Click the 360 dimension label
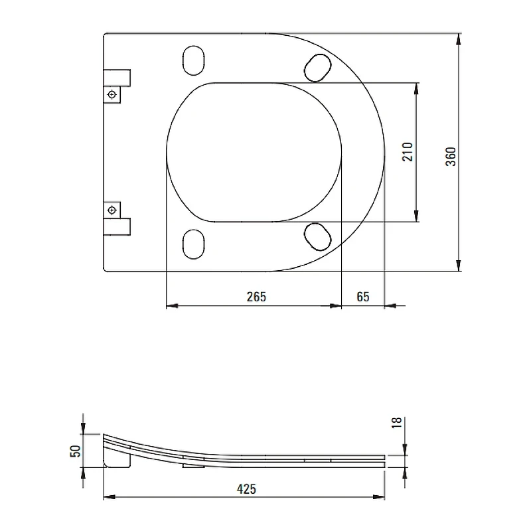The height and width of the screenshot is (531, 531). pos(451,157)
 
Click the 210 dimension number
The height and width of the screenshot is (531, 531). pos(408,152)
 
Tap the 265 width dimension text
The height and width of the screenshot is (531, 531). pos(256,297)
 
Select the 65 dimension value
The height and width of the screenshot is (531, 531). pos(363,297)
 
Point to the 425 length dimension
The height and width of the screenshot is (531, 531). pos(246,489)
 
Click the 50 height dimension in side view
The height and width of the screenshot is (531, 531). pos(75,451)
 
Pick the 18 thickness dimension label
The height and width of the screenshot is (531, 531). pos(396,423)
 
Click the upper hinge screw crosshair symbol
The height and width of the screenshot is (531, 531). pos(112,94)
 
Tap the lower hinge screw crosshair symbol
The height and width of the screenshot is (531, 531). pos(112,210)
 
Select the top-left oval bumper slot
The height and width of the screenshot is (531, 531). pos(193,60)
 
